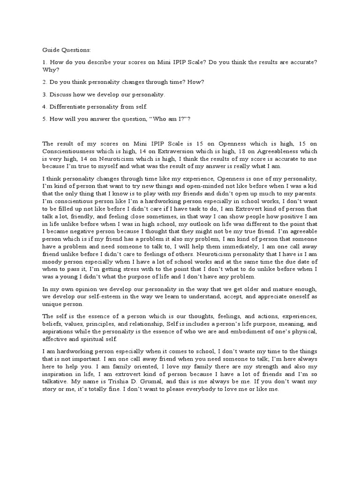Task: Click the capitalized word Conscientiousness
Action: (x=71, y=151)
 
